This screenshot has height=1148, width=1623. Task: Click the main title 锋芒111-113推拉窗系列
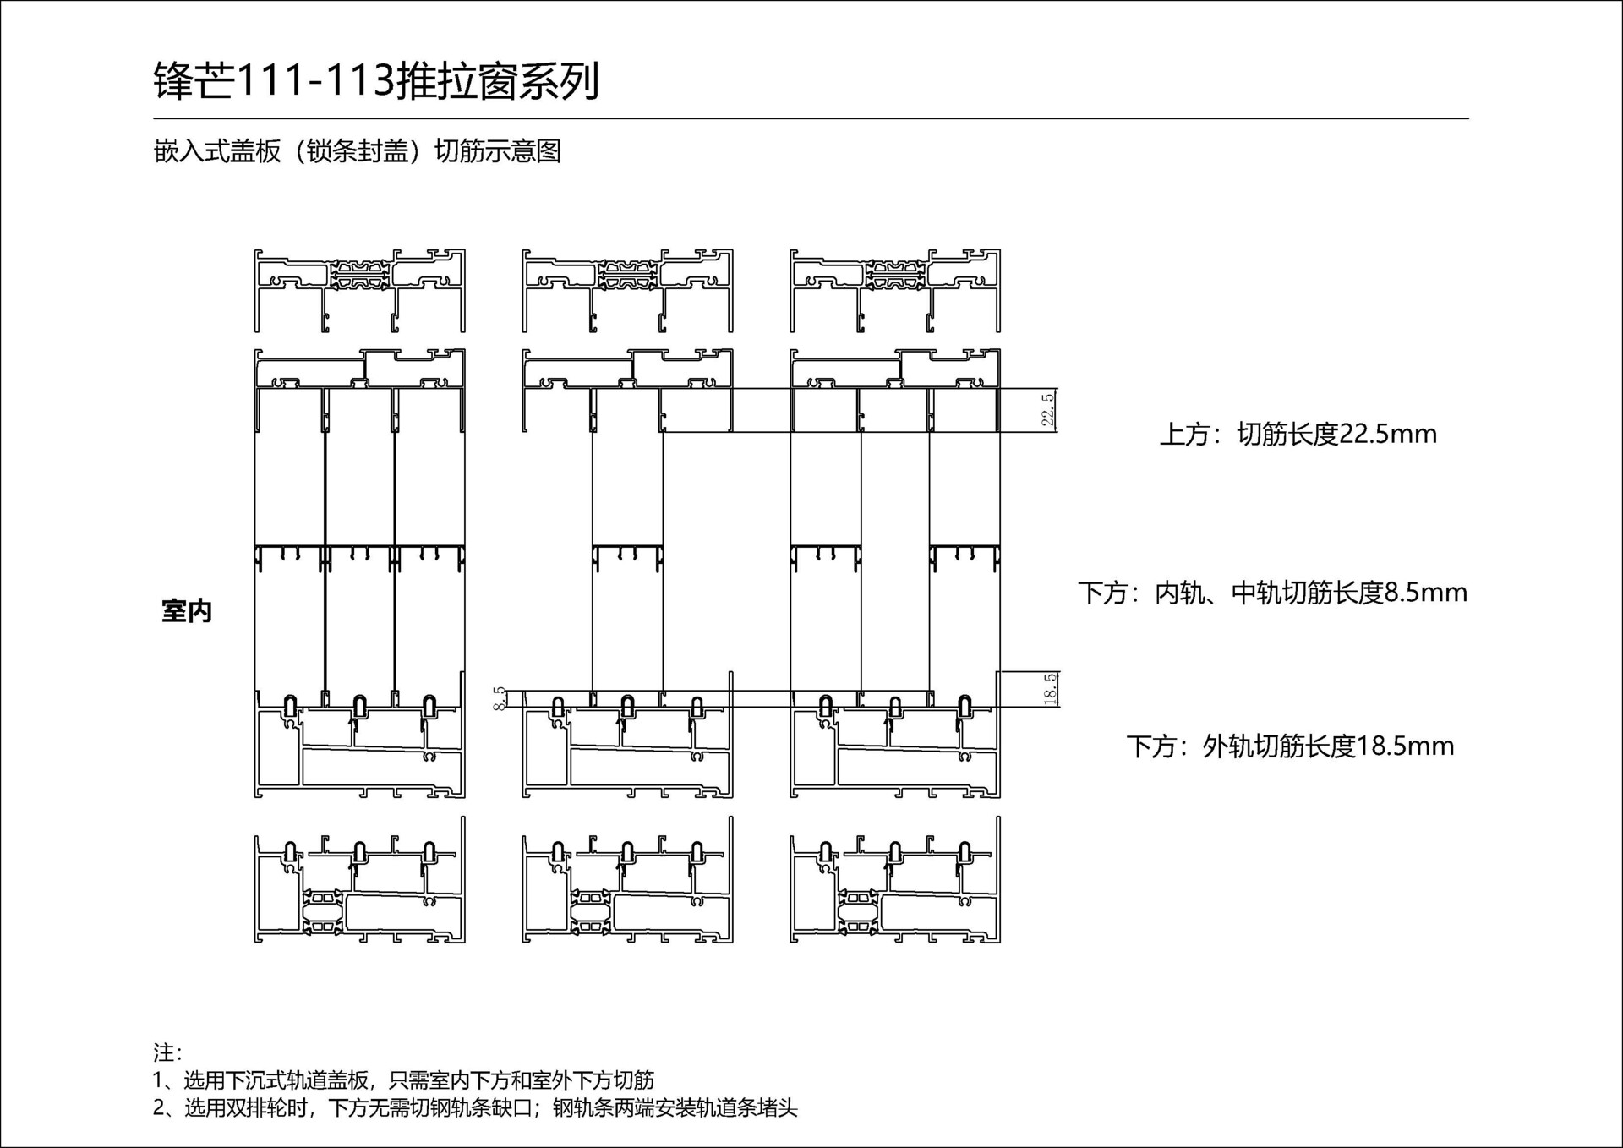376,82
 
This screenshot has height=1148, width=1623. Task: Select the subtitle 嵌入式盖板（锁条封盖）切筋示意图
358,151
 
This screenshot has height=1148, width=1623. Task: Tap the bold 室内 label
187,611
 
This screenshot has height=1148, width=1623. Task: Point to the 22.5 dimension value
1048,410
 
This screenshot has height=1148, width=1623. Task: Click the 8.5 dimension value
500,698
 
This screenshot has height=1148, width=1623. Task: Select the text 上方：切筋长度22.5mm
1298,435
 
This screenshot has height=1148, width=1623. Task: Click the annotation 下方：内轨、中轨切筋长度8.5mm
1272,593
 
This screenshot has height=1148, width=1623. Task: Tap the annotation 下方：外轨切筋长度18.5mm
1290,746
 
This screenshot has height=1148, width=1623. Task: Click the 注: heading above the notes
167,1052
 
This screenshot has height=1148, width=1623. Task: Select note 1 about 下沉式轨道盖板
403,1080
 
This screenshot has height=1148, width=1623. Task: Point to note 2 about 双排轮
474,1107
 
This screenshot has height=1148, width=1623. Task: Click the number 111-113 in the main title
314,82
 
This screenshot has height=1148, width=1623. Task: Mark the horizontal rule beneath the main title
811,119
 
